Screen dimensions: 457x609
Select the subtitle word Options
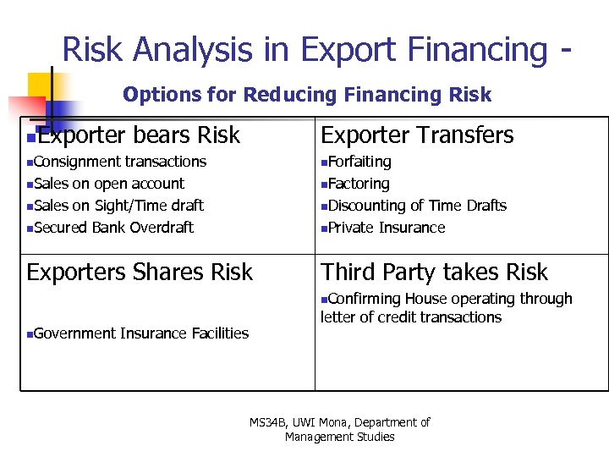pyautogui.click(x=153, y=95)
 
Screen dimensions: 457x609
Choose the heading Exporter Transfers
pyautogui.click(x=417, y=135)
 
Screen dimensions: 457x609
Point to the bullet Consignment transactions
pyautogui.click(x=119, y=162)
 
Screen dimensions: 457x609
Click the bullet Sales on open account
pyautogui.click(x=109, y=184)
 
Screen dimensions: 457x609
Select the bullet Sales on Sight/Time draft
pyautogui.click(x=118, y=206)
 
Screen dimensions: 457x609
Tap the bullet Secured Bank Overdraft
pyautogui.click(x=113, y=228)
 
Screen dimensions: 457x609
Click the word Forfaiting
pyautogui.click(x=359, y=162)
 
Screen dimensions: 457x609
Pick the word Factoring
pyautogui.click(x=359, y=184)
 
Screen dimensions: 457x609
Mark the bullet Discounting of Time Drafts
pyautogui.click(x=417, y=206)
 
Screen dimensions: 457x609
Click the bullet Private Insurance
pyautogui.click(x=386, y=228)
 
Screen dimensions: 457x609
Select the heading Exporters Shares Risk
pyautogui.click(x=140, y=273)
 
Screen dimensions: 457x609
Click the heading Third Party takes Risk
pyautogui.click(x=434, y=273)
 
